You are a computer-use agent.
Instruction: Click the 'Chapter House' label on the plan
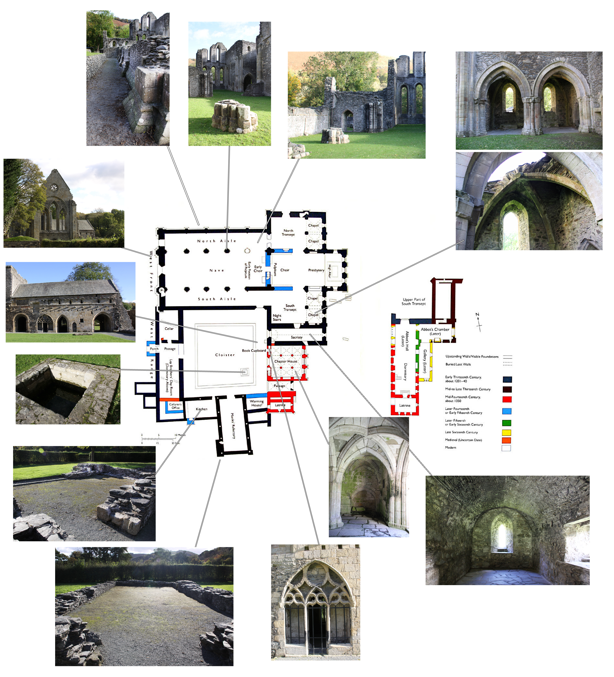pos(286,362)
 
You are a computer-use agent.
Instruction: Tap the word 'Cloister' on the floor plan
pos(225,355)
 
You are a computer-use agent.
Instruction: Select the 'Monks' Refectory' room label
pos(233,426)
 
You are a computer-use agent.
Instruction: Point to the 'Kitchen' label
pos(202,409)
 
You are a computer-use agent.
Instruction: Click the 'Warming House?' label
pos(257,403)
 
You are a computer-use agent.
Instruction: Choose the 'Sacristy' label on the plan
pos(297,337)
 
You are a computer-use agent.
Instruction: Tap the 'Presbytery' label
pos(316,270)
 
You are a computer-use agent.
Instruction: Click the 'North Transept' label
pos(288,233)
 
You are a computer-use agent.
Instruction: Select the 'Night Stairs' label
pos(277,318)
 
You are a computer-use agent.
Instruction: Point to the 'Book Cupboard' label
pos(254,350)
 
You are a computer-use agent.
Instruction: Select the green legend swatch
pos(507,423)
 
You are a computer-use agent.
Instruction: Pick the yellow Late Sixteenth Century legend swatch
pos(507,433)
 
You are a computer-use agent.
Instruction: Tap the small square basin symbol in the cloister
pos(245,372)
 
